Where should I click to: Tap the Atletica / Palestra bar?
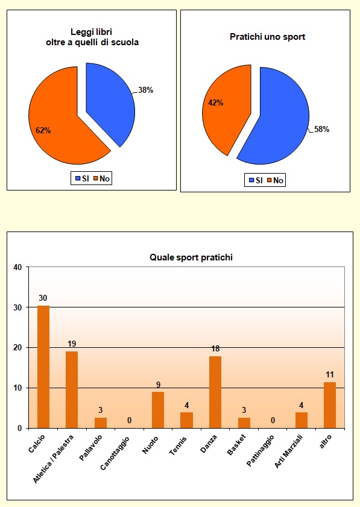[x=72, y=389]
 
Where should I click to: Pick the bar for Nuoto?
[x=158, y=410]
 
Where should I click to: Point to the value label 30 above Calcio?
[x=43, y=298]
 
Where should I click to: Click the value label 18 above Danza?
[x=215, y=349]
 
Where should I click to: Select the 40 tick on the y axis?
[x=17, y=268]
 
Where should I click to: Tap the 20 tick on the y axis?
[x=17, y=348]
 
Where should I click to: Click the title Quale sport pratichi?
[x=191, y=257]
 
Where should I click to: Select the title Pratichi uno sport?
[x=267, y=37]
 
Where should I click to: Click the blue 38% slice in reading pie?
[x=112, y=102]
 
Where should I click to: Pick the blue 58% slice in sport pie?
[x=280, y=127]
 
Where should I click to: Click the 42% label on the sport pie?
[x=216, y=102]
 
